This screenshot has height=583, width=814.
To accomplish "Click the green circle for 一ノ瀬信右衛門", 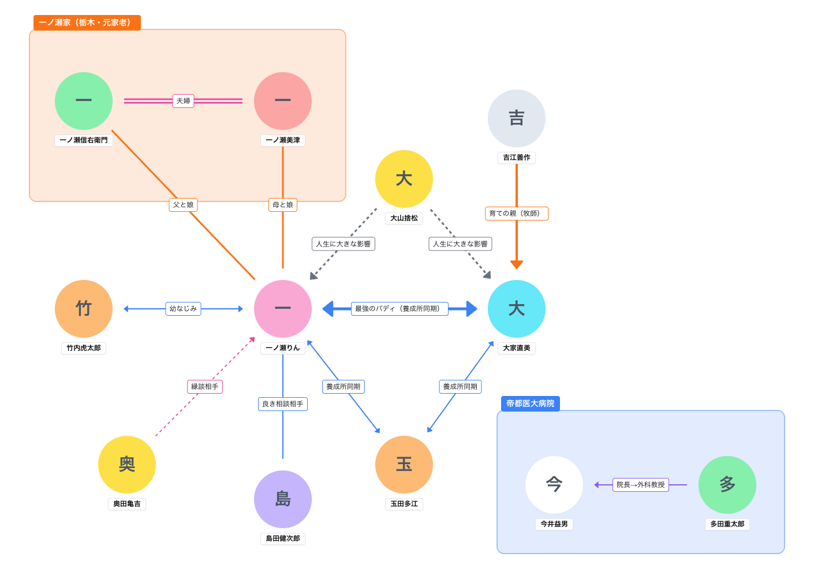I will coord(84,101).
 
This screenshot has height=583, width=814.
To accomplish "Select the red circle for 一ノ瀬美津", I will coord(283,101).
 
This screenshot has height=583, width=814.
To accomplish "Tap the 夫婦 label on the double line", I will coord(183,101).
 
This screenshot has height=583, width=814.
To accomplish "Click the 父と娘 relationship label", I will coord(183,205).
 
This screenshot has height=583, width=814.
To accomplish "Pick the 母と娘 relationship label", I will coord(283,205).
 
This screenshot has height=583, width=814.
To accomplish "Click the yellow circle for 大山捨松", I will coord(404,179).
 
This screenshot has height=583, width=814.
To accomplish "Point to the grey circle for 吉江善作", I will coord(517,118).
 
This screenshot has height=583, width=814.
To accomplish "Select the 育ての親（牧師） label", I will coord(517,214).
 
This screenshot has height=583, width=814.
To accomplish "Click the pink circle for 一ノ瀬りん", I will coord(283,309).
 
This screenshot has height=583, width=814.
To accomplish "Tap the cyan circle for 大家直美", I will coord(517,309).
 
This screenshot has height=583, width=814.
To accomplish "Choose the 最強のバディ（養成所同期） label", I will coord(399,309).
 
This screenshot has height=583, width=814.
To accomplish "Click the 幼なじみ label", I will coord(183,309).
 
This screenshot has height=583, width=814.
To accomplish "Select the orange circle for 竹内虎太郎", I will coord(84,309).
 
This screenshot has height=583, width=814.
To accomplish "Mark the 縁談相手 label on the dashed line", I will coord(205,387).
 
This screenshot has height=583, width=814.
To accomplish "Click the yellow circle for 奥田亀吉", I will coord(127,465).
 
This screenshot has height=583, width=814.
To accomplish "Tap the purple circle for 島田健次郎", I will coord(283,499).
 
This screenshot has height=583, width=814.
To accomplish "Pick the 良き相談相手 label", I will coord(283,404).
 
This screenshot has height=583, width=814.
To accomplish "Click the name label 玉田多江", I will coord(404,504).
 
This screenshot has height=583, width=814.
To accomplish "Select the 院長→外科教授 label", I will coord(641,485).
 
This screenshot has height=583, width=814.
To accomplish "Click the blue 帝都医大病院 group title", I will coord(530,403).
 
